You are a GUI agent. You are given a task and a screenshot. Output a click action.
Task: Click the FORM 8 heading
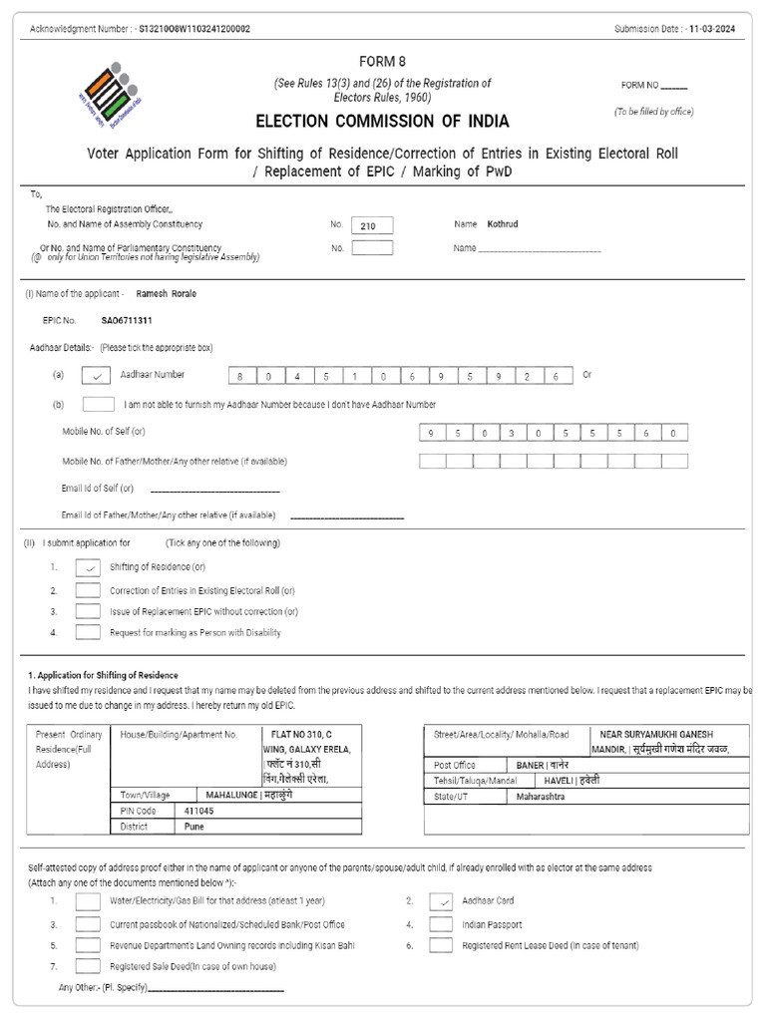pos(382,61)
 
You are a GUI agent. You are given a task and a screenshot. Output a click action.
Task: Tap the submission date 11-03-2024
pos(713,29)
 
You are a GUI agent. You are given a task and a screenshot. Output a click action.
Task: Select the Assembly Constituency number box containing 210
pos(372,226)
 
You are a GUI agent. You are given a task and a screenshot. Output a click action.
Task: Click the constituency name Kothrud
pos(504,225)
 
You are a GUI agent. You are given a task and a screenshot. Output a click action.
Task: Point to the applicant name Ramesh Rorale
pos(166,294)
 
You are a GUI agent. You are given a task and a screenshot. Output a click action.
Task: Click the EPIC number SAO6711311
pos(127,321)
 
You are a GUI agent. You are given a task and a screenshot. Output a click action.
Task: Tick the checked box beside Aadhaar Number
pos(96,376)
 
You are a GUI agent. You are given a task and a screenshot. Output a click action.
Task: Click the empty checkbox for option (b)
pos(98,405)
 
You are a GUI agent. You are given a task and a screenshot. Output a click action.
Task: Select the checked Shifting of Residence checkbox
pos(88,567)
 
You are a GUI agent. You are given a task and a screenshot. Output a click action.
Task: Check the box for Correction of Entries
pos(88,590)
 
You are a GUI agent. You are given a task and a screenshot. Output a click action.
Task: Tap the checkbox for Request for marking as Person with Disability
pos(88,632)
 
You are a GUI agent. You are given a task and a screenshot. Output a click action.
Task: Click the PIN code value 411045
pos(198,812)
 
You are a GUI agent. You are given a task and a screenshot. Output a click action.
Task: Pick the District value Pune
pos(193,827)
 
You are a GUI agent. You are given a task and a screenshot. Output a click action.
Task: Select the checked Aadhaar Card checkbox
pos(441,901)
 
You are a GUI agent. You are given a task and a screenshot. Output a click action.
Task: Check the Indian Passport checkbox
pos(441,924)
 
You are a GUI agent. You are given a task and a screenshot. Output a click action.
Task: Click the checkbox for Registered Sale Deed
pos(88,966)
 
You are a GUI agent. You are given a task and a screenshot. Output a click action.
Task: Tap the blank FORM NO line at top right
pos(674,87)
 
